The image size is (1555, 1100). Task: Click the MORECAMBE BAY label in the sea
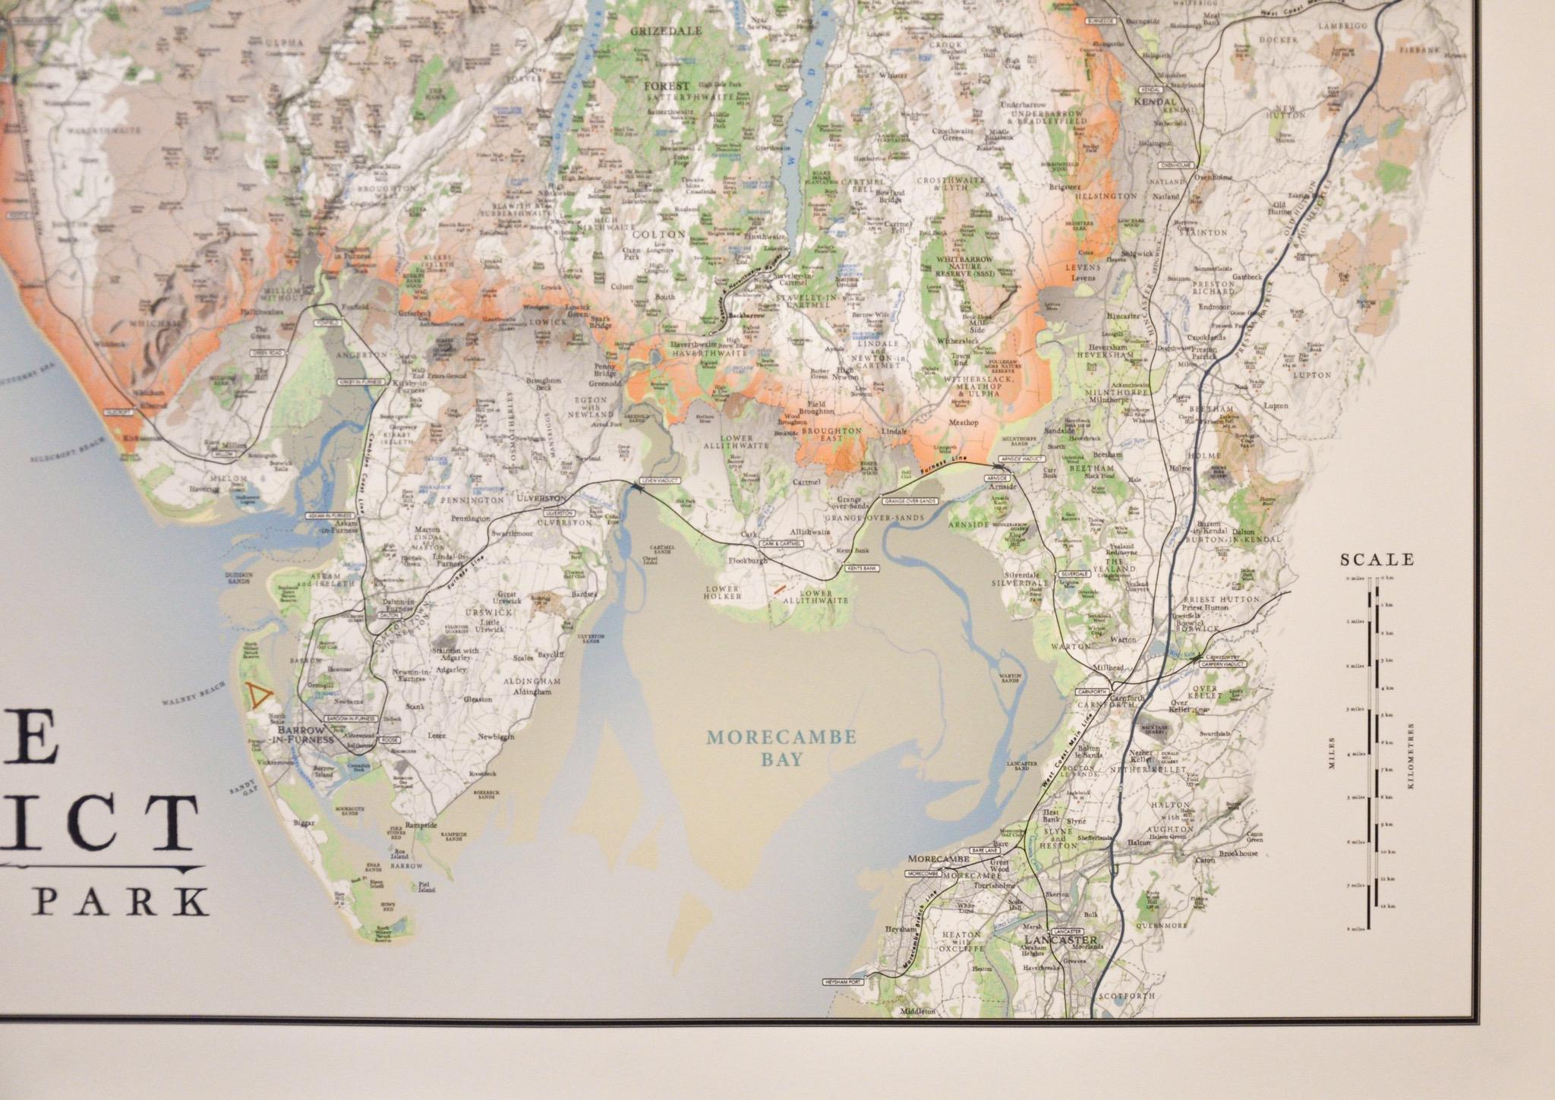coord(781,748)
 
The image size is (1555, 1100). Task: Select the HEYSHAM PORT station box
coord(844,982)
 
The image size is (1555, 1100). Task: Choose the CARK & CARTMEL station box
coord(781,544)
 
